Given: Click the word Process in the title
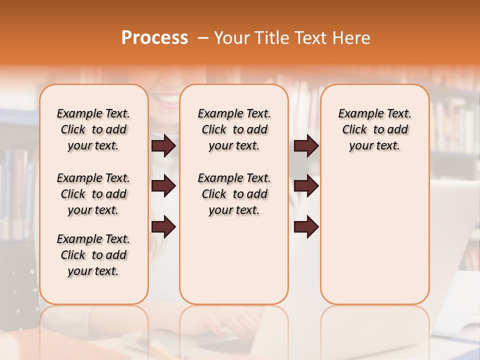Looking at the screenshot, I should tap(154, 38).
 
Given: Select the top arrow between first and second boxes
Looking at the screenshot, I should tap(163, 146).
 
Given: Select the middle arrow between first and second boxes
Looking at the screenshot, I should tap(163, 186).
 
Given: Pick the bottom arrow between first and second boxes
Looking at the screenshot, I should tap(163, 227).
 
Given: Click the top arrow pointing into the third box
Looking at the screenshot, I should tap(306, 146).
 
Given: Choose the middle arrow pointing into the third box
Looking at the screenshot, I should tap(306, 186).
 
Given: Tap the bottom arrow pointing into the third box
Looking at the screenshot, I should tap(306, 227).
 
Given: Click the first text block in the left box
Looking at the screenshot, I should tap(93, 129).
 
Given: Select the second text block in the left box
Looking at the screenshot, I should tap(93, 194).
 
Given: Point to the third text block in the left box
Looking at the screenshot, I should tap(93, 255).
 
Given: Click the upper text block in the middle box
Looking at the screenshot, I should tap(234, 129).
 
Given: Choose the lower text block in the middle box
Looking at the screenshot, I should tap(234, 194).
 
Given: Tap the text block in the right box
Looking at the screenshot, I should tap(374, 129).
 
